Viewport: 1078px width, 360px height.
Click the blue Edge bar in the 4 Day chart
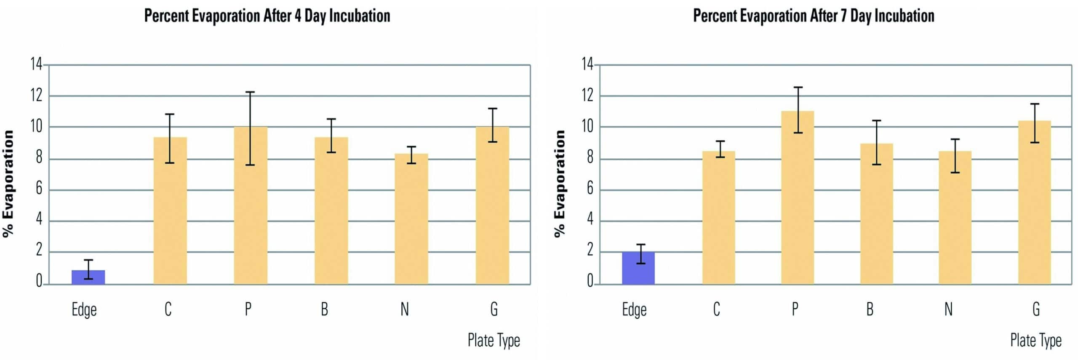88,277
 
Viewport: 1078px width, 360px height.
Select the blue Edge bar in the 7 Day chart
638,268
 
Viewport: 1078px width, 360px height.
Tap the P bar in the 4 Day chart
251,205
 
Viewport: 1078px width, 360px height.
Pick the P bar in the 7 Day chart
798,197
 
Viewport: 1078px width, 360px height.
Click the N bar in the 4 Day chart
411,219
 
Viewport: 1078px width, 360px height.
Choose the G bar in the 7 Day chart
1035,203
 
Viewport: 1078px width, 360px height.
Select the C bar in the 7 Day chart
719,218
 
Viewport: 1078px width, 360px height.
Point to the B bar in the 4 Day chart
331,211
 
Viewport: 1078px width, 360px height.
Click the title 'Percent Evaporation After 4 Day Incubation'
267,16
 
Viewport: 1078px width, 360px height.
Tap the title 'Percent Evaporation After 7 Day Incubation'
814,16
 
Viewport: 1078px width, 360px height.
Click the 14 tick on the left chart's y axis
36,64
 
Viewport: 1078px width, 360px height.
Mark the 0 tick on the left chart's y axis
39,281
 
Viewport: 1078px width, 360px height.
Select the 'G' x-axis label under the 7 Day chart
1036,309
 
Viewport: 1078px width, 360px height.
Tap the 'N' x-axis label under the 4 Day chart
405,309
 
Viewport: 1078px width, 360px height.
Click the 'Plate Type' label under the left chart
494,341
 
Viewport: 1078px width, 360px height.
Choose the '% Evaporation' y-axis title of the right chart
559,184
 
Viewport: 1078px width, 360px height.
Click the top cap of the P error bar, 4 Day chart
250,92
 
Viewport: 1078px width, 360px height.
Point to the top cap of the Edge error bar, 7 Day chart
640,245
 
